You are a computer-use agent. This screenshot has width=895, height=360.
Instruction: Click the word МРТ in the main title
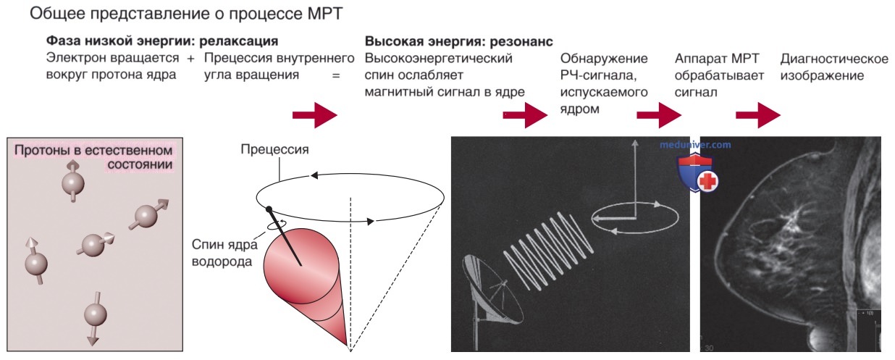pos(325,14)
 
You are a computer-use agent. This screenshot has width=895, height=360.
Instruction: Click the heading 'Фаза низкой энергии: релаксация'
pos(162,41)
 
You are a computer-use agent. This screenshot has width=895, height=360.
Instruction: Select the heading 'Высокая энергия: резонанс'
pos(458,41)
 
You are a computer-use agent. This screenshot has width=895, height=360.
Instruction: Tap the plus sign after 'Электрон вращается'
pos(190,59)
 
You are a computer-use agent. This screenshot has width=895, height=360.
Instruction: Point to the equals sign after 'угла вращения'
pos(336,75)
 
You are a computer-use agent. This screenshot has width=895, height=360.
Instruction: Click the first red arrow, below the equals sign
pos(315,115)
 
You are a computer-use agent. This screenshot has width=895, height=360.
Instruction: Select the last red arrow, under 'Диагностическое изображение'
pos(758,115)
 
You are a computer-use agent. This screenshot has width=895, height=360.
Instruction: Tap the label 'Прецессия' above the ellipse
pos(274,149)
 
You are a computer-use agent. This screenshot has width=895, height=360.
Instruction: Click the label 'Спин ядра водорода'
pos(224,253)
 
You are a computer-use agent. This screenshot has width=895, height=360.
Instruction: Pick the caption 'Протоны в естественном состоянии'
pos(94,157)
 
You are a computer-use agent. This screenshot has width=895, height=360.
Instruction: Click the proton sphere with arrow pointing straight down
pos(95,315)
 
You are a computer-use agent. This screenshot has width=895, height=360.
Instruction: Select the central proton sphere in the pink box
pos(93,245)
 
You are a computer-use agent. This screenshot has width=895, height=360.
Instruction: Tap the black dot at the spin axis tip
pos(269,209)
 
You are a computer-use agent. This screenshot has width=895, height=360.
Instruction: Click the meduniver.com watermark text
pos(695,145)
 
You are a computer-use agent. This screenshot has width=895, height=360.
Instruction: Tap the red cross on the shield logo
pos(707,182)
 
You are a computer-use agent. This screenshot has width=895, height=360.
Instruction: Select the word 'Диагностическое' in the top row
pos(834,59)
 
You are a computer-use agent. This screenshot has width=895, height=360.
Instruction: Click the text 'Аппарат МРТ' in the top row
pos(717,59)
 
